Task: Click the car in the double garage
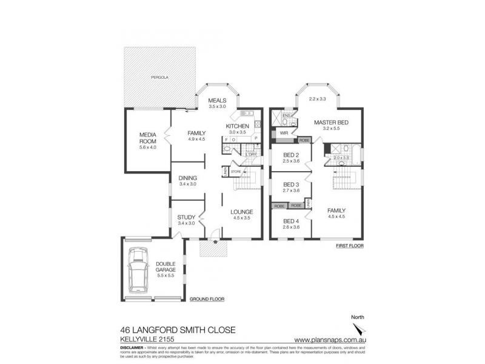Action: click(x=139, y=269)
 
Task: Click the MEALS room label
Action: click(x=217, y=100)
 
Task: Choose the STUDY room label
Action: click(x=186, y=217)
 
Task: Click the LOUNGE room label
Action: click(x=241, y=212)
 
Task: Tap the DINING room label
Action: click(x=187, y=178)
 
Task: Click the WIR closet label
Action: click(x=283, y=132)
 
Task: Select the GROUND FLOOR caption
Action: click(x=207, y=300)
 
